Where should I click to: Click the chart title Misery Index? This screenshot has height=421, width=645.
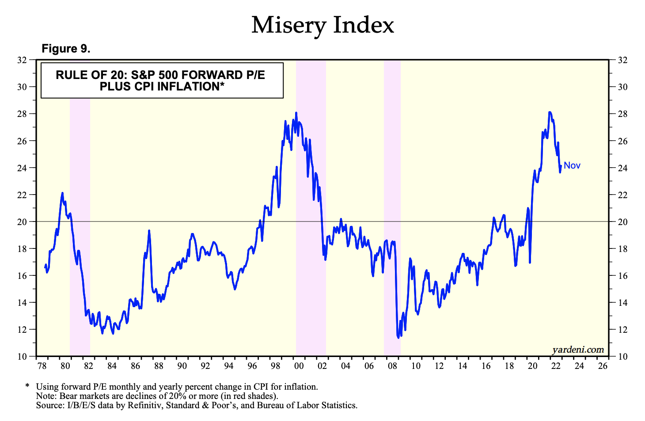click(322, 25)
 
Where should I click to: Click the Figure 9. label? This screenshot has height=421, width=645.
click(66, 49)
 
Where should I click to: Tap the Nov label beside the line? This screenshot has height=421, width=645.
click(572, 166)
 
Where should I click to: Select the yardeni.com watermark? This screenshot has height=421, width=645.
click(578, 350)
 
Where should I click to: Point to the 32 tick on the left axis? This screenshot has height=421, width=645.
click(23, 60)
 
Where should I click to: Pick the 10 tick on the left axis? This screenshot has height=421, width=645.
click(23, 357)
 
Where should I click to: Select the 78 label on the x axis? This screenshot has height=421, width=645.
click(42, 366)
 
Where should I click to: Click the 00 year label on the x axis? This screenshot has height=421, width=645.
click(299, 366)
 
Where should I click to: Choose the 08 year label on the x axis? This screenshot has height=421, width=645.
click(392, 366)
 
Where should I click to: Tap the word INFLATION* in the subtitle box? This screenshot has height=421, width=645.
click(193, 86)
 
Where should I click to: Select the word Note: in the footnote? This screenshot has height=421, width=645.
click(46, 396)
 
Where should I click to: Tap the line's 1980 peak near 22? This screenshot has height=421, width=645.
click(62, 193)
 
